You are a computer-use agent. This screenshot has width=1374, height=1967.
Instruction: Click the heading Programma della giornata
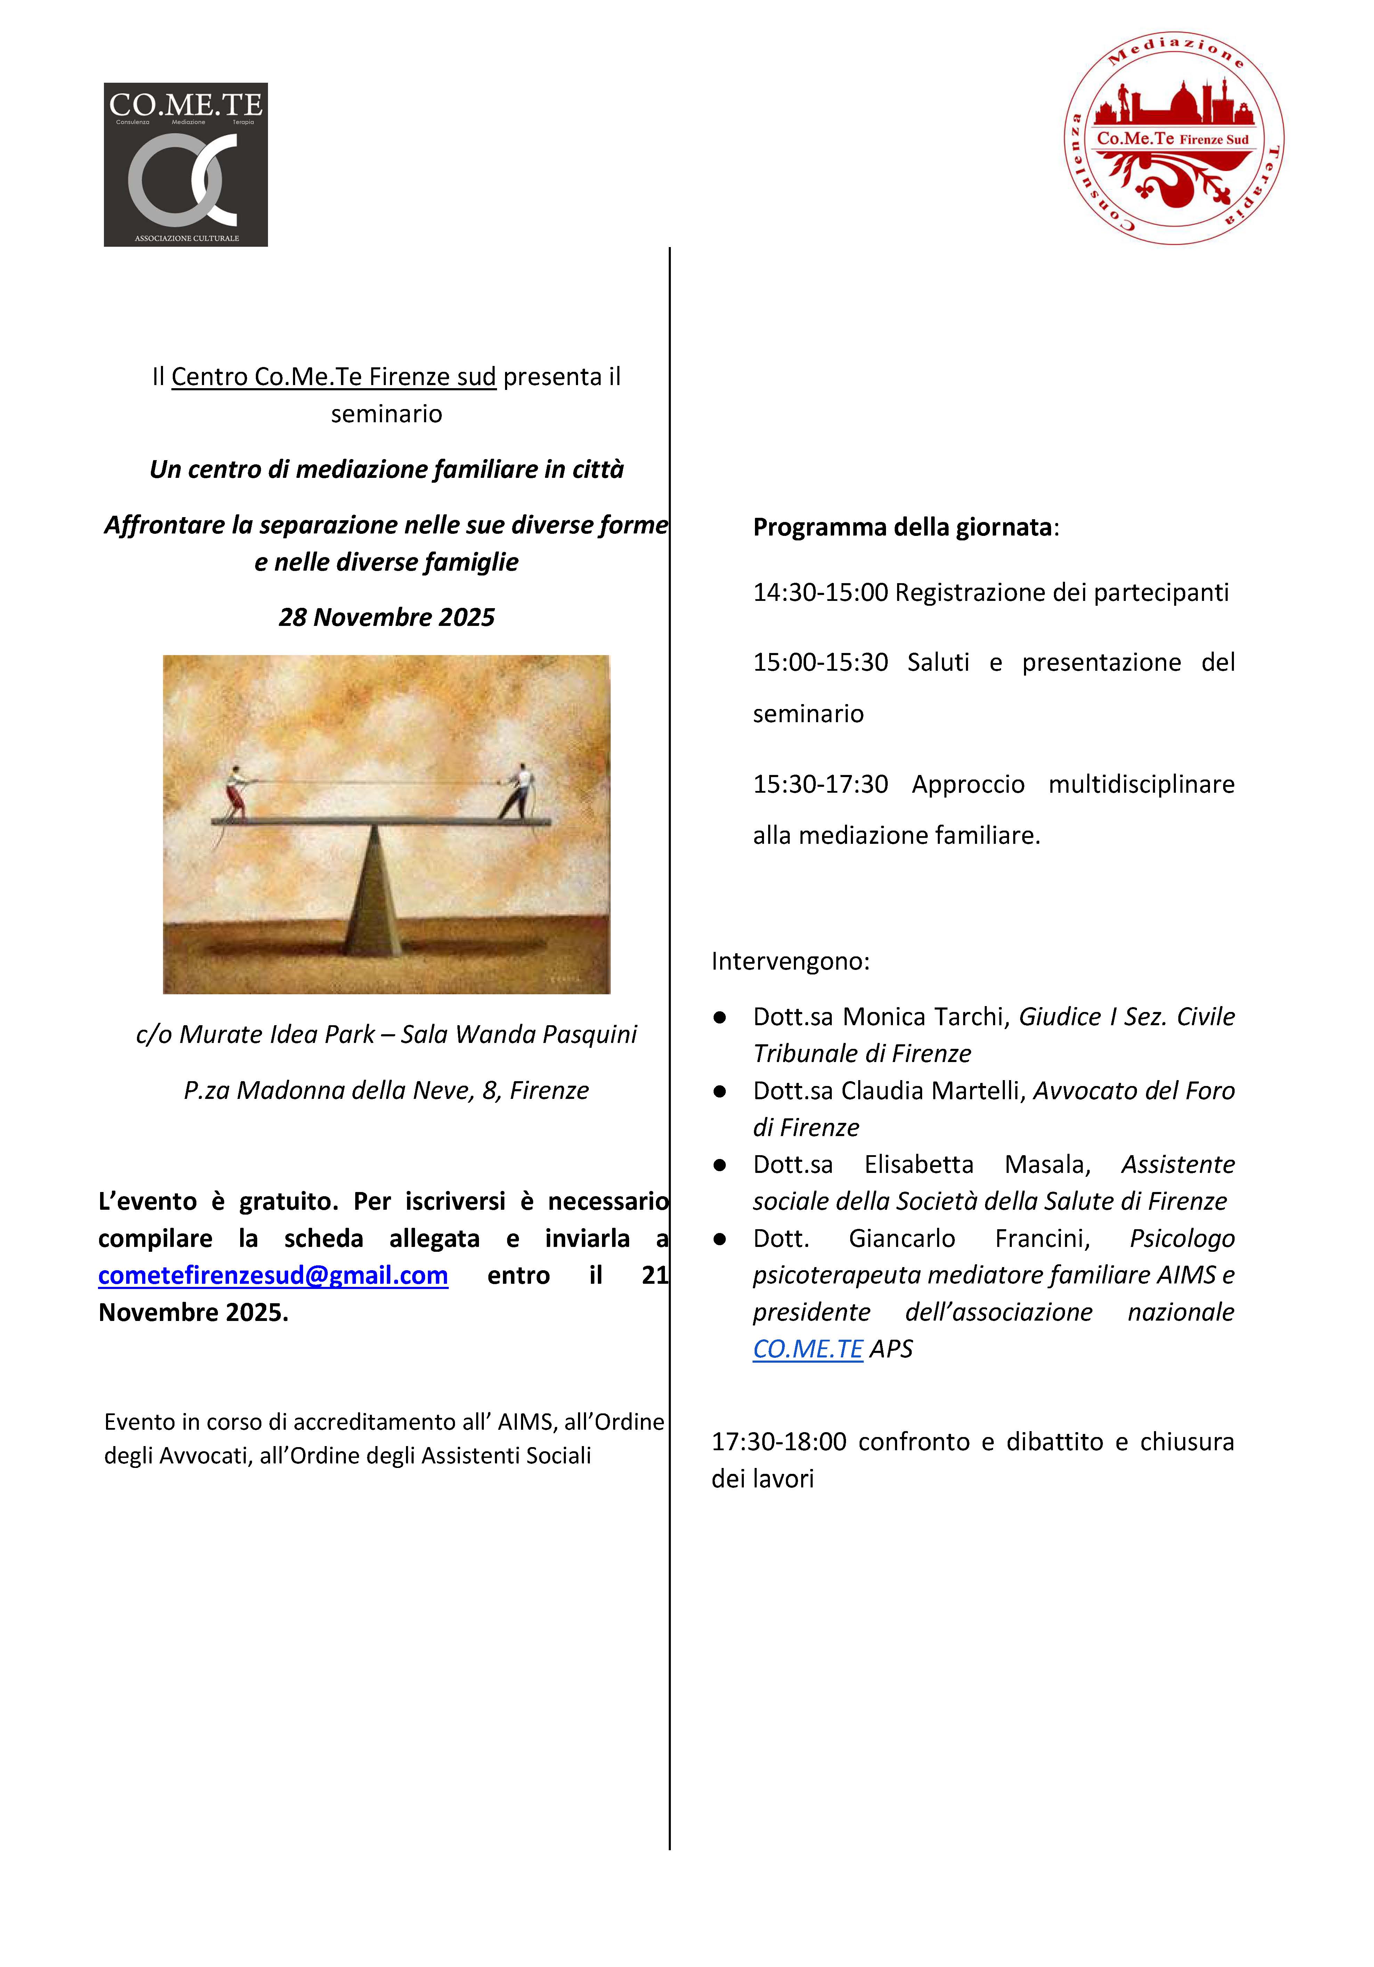902,527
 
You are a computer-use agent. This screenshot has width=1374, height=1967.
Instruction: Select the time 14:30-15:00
820,592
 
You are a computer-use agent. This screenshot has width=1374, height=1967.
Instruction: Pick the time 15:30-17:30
820,784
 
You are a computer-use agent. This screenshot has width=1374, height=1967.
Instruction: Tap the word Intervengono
789,961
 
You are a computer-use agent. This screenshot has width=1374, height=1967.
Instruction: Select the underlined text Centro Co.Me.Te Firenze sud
333,377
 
